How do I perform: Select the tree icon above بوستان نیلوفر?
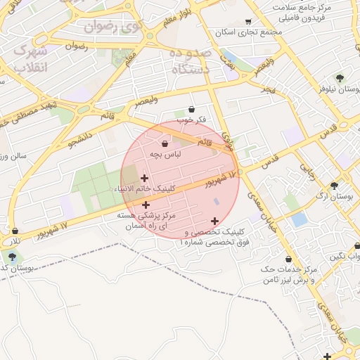click(340, 77)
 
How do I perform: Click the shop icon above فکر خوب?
click(192, 108)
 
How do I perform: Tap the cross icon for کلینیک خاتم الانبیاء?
click(144, 178)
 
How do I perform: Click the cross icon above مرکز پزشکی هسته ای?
click(146, 205)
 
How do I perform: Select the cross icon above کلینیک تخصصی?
click(214, 221)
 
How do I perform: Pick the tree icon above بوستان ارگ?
click(334, 186)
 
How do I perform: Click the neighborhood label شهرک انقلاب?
click(30, 59)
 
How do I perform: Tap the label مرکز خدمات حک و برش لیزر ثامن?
click(289, 275)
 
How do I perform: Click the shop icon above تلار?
click(15, 230)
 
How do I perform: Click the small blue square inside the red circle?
click(217, 202)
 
